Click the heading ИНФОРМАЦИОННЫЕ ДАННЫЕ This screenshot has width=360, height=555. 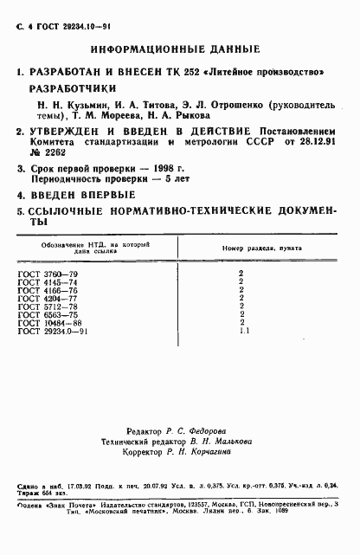pos(180,49)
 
